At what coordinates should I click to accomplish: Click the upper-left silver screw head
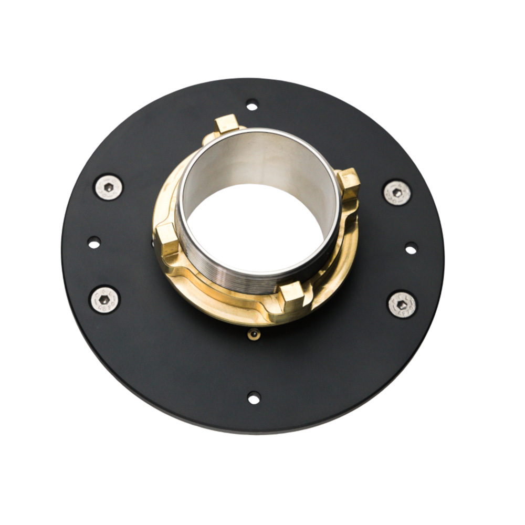coord(109,187)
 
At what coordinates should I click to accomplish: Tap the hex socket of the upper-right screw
coord(397,193)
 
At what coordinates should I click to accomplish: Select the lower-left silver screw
coord(104,299)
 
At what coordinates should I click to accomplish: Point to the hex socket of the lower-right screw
coord(402,305)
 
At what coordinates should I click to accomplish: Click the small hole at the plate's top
coord(252,105)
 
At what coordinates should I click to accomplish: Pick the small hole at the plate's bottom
coord(254,397)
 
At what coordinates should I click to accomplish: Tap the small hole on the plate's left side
coord(94,243)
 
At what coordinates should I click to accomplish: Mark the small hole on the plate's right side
coord(411,248)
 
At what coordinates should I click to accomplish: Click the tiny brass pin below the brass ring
coord(254,333)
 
